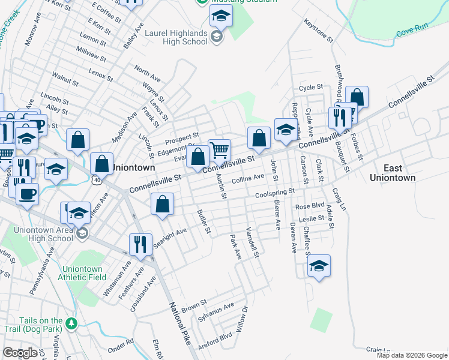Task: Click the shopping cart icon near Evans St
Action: click(220, 149)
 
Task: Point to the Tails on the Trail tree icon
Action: click(72, 324)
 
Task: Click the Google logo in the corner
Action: click(20, 353)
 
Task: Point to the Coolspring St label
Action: click(275, 193)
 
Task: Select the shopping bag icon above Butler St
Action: click(163, 204)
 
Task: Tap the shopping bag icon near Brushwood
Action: click(357, 97)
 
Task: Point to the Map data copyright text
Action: click(412, 355)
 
